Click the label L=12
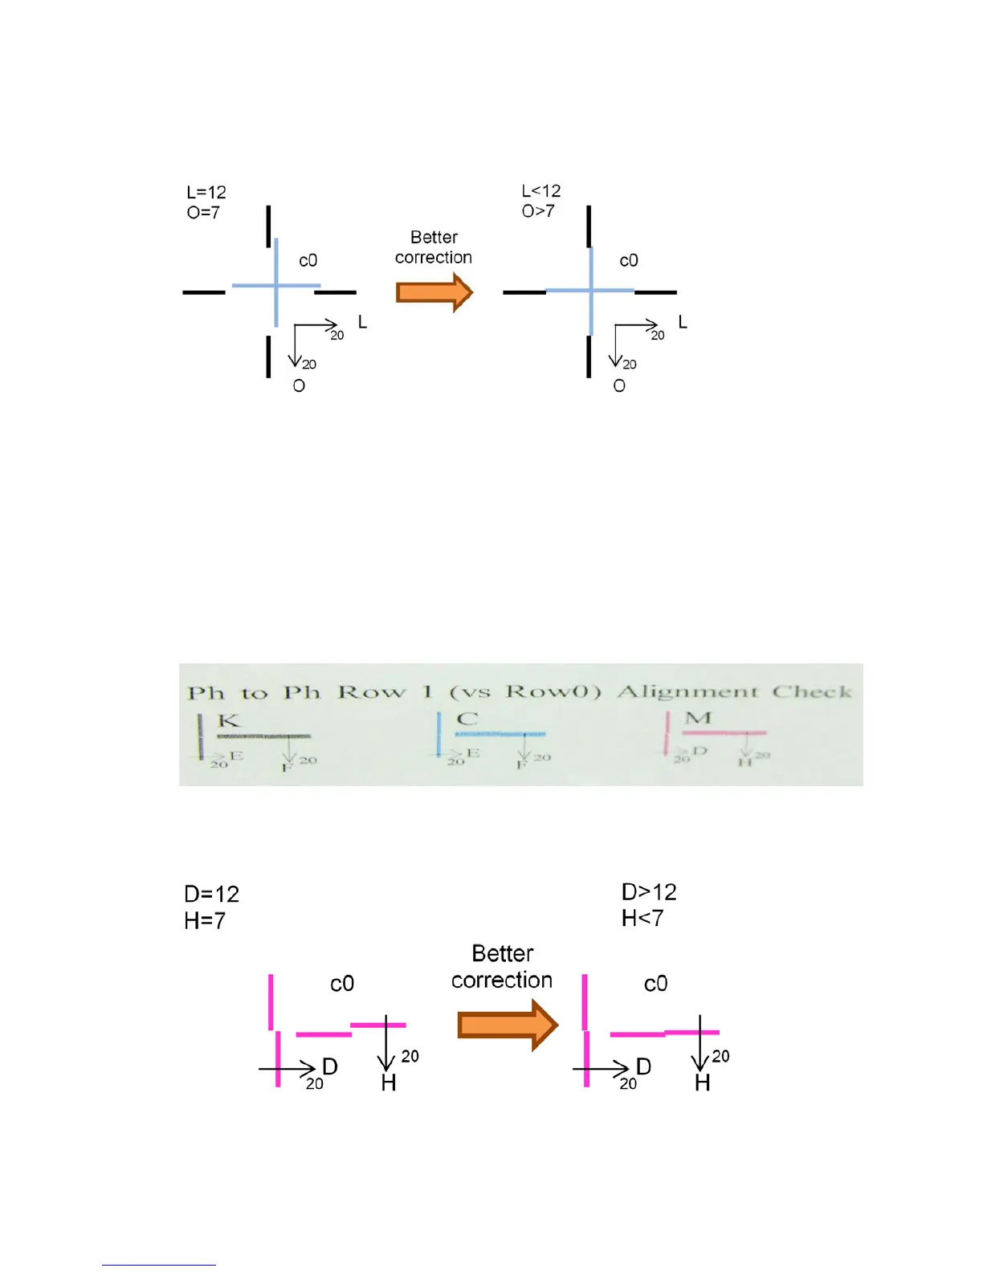[x=206, y=193]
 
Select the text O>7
[x=538, y=211]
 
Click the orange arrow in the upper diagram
[x=434, y=291]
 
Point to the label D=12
[x=212, y=895]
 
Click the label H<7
[x=642, y=918]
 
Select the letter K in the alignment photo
[x=229, y=720]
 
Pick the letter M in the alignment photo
[x=698, y=718]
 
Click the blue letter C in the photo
[x=467, y=719]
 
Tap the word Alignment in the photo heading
[x=687, y=691]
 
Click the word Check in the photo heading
[x=812, y=691]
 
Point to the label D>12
[x=649, y=892]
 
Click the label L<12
[x=541, y=191]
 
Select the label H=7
[x=205, y=920]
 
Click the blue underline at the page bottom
[x=159, y=1265]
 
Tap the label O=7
[x=203, y=213]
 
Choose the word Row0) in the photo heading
[x=553, y=692]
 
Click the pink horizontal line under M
[x=724, y=733]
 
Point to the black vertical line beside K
[x=201, y=736]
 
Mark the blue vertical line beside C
[x=438, y=733]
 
